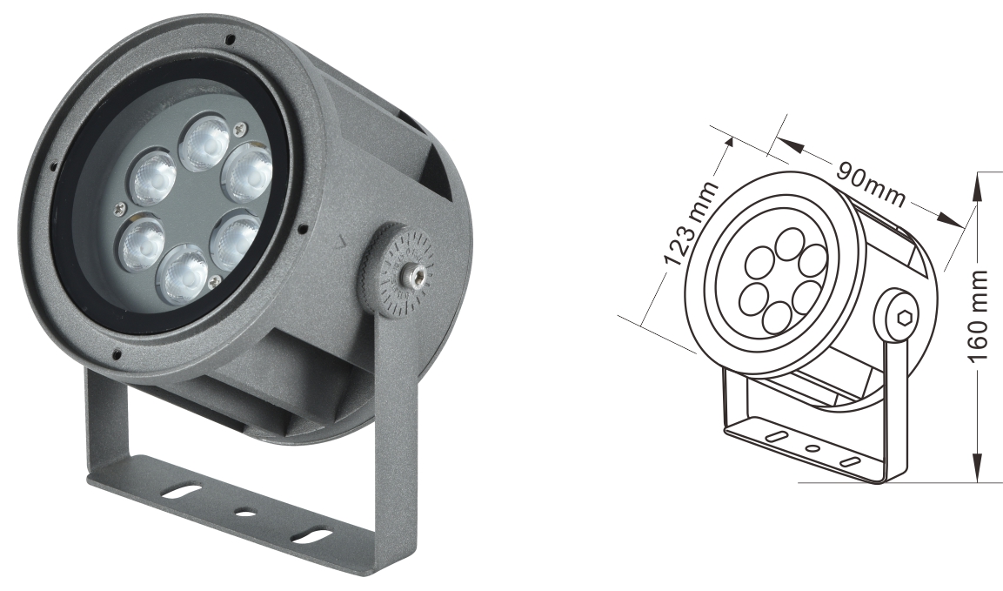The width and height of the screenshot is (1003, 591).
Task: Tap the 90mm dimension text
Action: [871, 185]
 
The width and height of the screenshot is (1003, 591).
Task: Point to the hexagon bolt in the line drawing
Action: [902, 317]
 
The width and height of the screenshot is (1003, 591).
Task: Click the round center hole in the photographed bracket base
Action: [245, 513]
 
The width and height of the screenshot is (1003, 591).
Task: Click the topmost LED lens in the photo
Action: [204, 143]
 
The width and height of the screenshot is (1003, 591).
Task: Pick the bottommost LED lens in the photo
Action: [184, 273]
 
